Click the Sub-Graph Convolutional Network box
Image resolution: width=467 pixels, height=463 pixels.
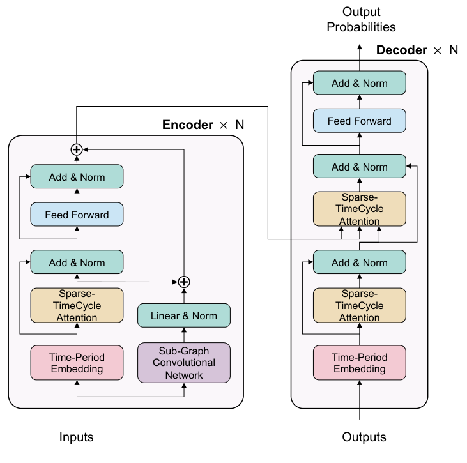184,363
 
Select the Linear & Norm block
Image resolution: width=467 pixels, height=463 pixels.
184,315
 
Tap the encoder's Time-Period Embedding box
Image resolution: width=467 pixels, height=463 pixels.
77,363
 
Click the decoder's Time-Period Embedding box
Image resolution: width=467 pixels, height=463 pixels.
359,363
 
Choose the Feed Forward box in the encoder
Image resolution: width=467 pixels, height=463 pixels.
77,215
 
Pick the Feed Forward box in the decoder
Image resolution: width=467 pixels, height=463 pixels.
359,121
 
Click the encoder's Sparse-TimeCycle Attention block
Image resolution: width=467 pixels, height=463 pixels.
77,305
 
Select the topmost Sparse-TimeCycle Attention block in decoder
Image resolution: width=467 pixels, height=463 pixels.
359,209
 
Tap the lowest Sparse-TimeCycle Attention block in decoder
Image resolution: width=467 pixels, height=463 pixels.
359,305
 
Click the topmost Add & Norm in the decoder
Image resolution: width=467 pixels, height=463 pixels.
359,83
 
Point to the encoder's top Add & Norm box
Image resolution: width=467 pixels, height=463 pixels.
77,177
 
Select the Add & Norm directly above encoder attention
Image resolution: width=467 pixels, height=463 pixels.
77,262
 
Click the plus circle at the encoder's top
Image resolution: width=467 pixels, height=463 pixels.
77,149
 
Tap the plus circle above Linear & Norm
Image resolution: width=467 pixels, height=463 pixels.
184,282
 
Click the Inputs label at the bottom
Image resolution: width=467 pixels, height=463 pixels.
77,437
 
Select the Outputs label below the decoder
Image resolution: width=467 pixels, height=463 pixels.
364,437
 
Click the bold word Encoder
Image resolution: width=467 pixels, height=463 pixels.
187,125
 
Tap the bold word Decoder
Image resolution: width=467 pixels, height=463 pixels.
401,50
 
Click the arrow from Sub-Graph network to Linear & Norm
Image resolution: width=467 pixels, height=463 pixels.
184,335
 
